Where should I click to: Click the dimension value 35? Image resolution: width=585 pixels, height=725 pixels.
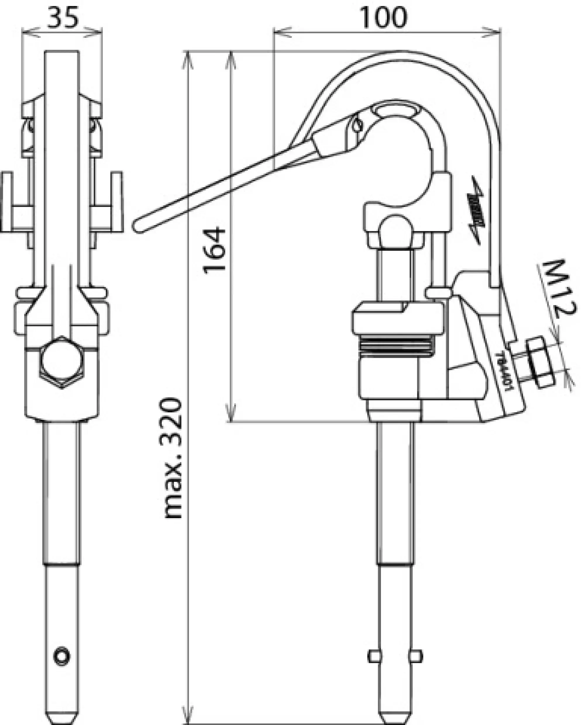(62, 18)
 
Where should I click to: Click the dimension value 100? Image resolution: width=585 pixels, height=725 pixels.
(383, 18)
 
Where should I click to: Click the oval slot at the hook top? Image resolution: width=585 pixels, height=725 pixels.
(395, 110)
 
